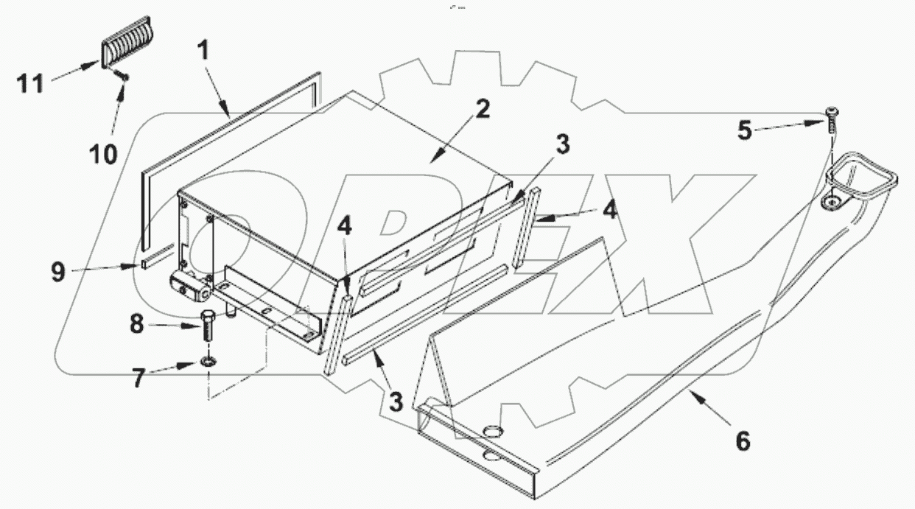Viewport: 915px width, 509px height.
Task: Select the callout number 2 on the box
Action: click(x=483, y=110)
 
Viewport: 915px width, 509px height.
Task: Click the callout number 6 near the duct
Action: click(x=742, y=441)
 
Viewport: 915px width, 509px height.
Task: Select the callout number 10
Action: click(x=104, y=154)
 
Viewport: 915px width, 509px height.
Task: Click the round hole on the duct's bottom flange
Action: click(x=491, y=431)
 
